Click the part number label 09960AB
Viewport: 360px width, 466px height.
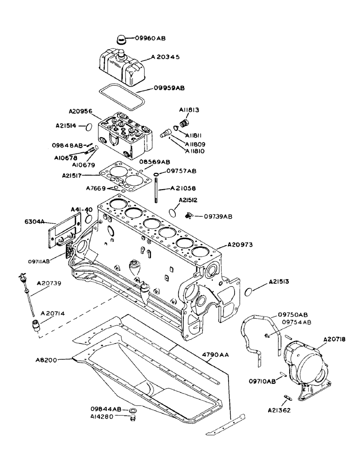[x=151, y=38]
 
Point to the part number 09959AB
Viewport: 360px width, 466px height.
[x=168, y=88]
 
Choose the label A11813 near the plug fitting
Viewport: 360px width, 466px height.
[x=189, y=110]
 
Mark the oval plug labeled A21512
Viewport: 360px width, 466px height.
[x=172, y=212]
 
